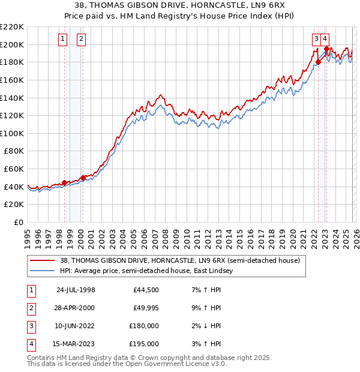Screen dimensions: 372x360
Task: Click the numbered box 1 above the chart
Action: tap(62, 40)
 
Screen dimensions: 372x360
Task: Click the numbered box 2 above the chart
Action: tap(81, 40)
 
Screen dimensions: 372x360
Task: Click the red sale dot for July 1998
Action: tap(64, 182)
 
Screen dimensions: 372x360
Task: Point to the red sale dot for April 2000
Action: tap(83, 178)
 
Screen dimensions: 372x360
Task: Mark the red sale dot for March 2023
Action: tap(326, 49)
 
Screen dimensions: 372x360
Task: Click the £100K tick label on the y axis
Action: tap(13, 133)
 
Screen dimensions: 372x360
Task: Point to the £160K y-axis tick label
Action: tap(13, 80)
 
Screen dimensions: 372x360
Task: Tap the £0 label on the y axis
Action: tap(19, 222)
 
